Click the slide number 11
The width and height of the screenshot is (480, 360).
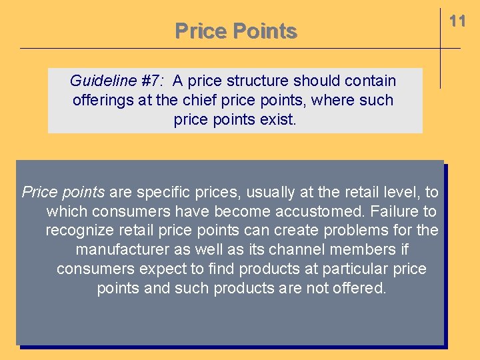(x=457, y=21)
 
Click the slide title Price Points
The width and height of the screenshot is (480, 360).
(x=235, y=31)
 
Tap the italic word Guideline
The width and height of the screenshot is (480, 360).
(x=103, y=81)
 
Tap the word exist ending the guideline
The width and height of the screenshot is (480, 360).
(x=280, y=120)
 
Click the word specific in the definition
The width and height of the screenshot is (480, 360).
(x=163, y=193)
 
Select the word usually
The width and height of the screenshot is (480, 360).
(x=274, y=193)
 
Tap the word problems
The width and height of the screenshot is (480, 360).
(x=364, y=231)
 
